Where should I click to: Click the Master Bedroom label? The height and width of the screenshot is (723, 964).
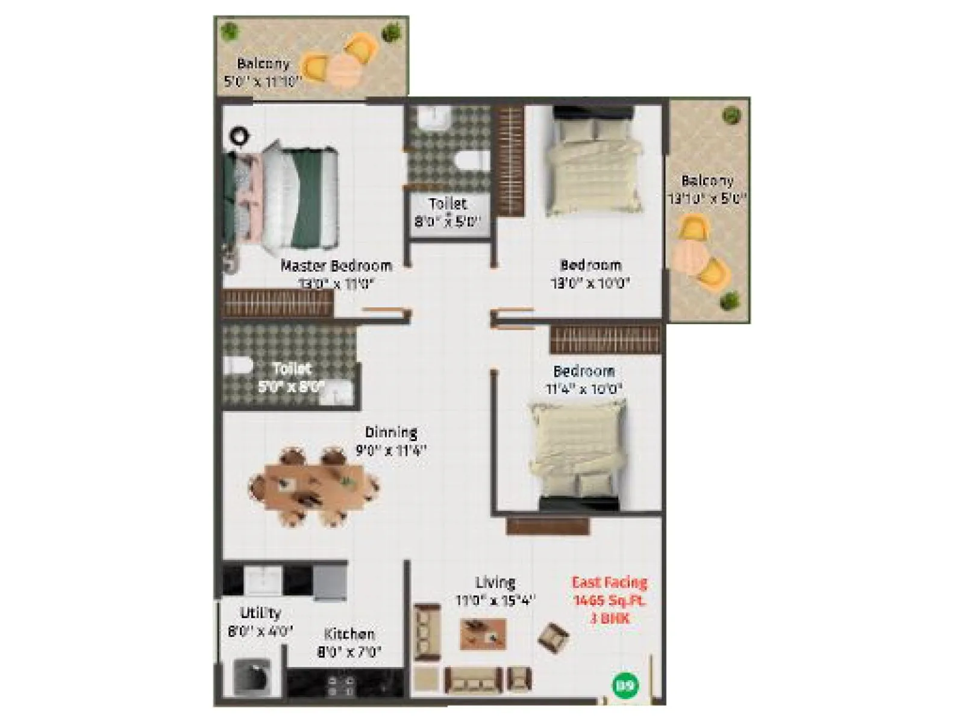coord(336,266)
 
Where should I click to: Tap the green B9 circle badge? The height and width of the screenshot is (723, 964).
coord(625,685)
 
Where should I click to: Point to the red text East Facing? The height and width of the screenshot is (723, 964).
coord(609,582)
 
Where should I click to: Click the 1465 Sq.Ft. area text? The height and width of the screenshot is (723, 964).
coord(609,600)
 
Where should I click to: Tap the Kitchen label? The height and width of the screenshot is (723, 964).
coord(349,634)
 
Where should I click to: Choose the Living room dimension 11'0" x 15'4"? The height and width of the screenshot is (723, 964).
coord(495,601)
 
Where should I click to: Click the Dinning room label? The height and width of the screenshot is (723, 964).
coord(391,432)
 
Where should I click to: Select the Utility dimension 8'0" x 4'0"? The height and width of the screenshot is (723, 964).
coord(260,631)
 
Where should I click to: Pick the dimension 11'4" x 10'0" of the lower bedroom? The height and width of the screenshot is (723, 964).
coord(583,389)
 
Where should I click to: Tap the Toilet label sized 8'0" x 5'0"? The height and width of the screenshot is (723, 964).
coord(448,204)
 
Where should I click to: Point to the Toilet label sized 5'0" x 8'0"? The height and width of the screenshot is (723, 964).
coord(292,369)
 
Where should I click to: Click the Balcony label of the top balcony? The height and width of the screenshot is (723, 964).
coord(263,63)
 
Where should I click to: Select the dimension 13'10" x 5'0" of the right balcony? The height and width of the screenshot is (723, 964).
coord(707,198)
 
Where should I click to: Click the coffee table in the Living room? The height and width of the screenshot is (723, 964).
coord(483,633)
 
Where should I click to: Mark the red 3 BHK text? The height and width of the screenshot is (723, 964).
coord(610,618)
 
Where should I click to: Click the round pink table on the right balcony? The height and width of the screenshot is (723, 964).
coord(692,255)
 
